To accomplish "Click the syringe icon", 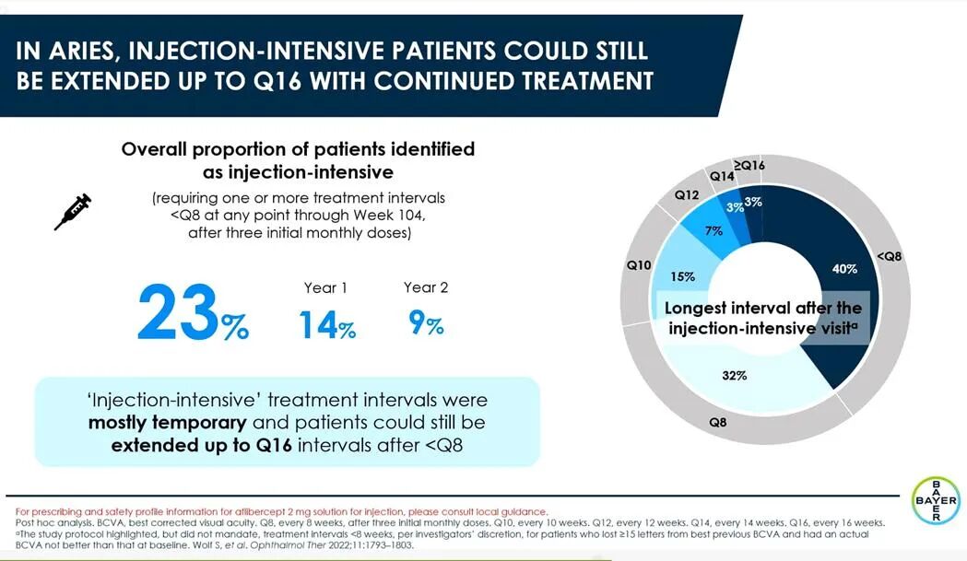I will click(x=73, y=211).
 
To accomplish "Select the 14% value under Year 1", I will click(x=326, y=324).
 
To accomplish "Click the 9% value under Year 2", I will click(x=426, y=321).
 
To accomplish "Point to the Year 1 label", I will click(x=325, y=287).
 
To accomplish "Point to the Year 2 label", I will click(x=426, y=287).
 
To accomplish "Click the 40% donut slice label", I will click(x=844, y=269).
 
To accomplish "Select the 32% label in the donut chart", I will click(x=735, y=376).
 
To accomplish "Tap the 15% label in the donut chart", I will click(x=682, y=276).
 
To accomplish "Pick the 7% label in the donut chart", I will click(x=713, y=230).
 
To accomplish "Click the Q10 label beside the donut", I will click(x=639, y=265).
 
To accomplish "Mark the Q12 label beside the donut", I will click(x=687, y=195).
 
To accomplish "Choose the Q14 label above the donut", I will click(x=722, y=175).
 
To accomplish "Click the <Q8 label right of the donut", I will click(x=889, y=257).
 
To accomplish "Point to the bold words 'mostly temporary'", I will click(x=167, y=424).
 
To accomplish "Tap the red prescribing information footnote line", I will click(x=282, y=511).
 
